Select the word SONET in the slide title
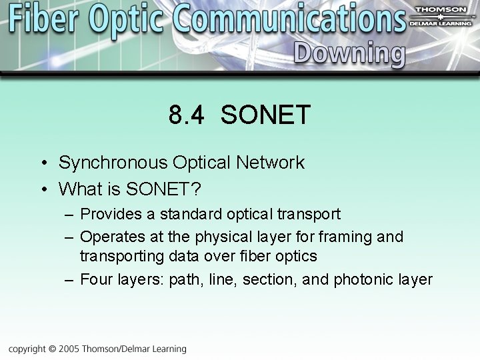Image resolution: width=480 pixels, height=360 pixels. click(x=265, y=115)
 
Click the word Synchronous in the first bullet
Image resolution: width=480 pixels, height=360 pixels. click(x=113, y=163)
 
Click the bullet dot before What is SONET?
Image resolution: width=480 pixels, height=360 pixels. click(x=43, y=190)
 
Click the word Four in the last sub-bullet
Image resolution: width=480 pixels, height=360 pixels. click(x=95, y=279)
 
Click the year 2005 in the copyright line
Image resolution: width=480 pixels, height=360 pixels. click(x=70, y=349)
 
